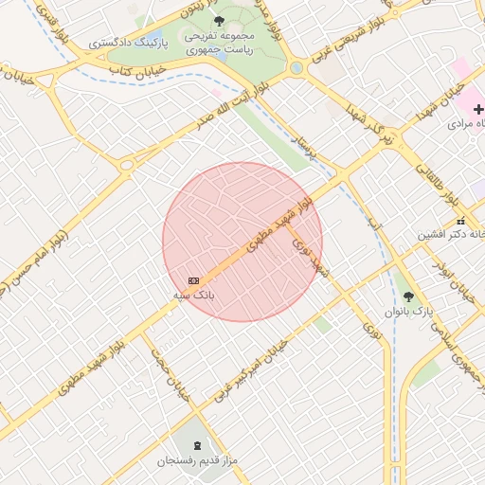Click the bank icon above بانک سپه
tap(194, 280)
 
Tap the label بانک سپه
tap(193, 296)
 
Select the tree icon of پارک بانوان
tap(408, 296)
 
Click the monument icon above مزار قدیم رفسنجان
tap(197, 446)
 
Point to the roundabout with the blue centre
tap(296, 67)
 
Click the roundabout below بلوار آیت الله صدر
tap(126, 165)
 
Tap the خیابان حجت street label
tap(174, 372)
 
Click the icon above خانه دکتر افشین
tap(461, 221)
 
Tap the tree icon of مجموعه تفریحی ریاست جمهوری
tap(220, 19)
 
